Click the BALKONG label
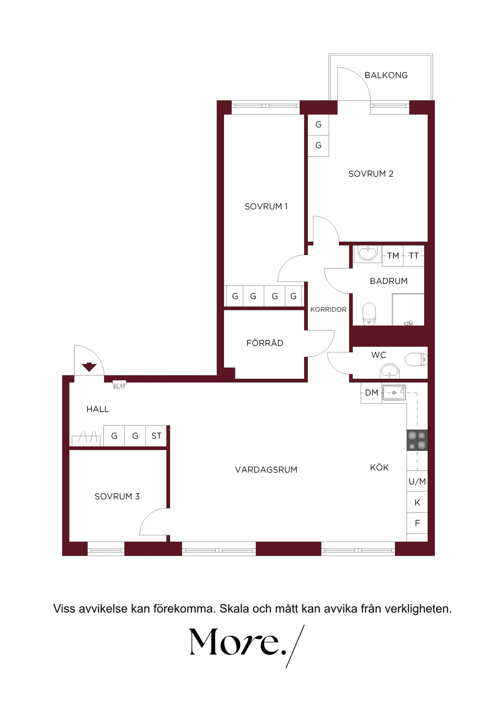pyautogui.click(x=386, y=75)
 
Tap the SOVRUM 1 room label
pyautogui.click(x=266, y=206)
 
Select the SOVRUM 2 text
pyautogui.click(x=371, y=174)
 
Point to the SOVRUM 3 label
pyautogui.click(x=117, y=496)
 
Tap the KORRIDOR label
pyautogui.click(x=328, y=309)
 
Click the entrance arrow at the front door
pyautogui.click(x=89, y=367)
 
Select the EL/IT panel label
pyautogui.click(x=119, y=387)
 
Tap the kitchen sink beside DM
pyautogui.click(x=394, y=392)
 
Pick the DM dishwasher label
pyautogui.click(x=372, y=392)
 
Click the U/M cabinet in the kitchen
pyautogui.click(x=417, y=481)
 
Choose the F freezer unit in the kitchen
pyautogui.click(x=417, y=523)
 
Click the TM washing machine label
pyautogui.click(x=393, y=256)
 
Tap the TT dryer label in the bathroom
pyautogui.click(x=414, y=256)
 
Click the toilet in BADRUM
pyautogui.click(x=369, y=314)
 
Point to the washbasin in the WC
pyautogui.click(x=389, y=371)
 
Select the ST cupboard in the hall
pyautogui.click(x=156, y=436)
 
